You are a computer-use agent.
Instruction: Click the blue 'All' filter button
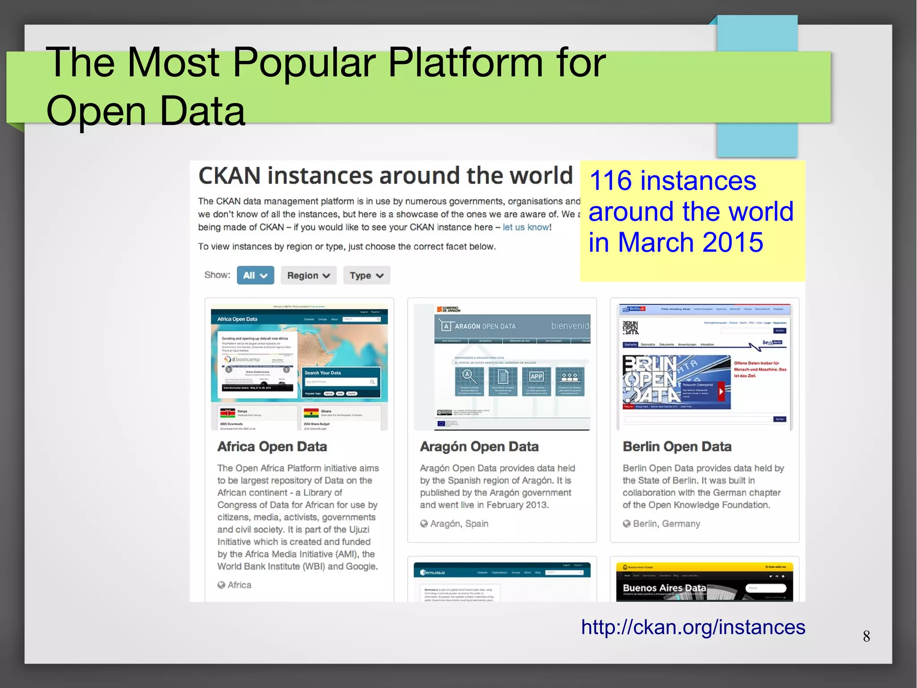click(255, 275)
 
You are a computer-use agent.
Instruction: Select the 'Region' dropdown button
click(309, 275)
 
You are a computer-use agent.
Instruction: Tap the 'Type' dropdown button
click(367, 275)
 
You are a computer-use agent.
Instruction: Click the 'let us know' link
click(526, 227)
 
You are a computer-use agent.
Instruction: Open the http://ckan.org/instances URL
click(693, 627)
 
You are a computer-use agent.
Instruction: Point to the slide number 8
click(866, 636)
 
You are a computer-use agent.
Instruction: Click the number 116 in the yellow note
click(610, 181)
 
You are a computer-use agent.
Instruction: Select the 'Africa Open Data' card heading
click(272, 446)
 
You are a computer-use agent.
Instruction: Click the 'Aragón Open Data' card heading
click(479, 446)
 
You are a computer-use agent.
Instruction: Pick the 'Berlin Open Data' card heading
click(677, 446)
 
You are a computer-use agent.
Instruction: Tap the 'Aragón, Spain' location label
click(459, 524)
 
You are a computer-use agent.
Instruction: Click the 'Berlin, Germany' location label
click(666, 524)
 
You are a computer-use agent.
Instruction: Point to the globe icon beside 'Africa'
click(221, 585)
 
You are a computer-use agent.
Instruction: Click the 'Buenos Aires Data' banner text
click(664, 588)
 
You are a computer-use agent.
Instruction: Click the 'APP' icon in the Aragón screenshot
click(536, 376)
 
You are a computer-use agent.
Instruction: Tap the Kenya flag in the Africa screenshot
click(227, 413)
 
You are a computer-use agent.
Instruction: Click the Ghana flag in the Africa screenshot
click(311, 413)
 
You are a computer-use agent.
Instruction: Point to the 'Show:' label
click(217, 275)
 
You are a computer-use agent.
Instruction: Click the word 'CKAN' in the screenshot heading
click(229, 176)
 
